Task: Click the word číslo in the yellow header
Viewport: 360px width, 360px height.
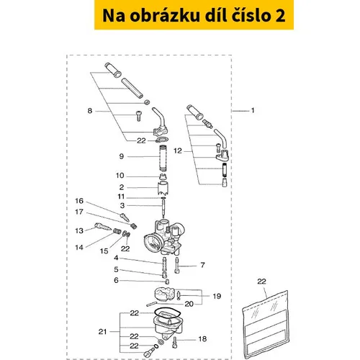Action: point(251,15)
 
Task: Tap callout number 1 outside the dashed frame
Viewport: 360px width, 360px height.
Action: point(253,110)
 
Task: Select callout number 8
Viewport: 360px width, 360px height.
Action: point(90,111)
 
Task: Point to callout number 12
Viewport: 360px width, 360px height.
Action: point(178,150)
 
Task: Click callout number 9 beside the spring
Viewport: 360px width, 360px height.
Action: point(122,156)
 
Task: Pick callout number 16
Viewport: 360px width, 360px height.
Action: point(79,201)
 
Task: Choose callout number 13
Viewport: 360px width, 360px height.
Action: point(79,230)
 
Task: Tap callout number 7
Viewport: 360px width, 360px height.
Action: point(202,265)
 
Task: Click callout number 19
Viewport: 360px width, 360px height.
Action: point(217,296)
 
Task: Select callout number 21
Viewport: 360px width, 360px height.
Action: point(102,331)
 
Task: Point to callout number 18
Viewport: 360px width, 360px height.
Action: point(202,338)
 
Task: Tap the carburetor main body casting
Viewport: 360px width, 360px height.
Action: point(164,236)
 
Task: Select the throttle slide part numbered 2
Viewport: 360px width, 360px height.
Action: point(163,189)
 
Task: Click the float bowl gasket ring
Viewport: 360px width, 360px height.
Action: point(167,314)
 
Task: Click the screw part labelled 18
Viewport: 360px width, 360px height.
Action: point(175,342)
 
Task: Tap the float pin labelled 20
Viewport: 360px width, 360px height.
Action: point(151,304)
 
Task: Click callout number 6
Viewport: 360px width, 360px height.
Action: point(116,280)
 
